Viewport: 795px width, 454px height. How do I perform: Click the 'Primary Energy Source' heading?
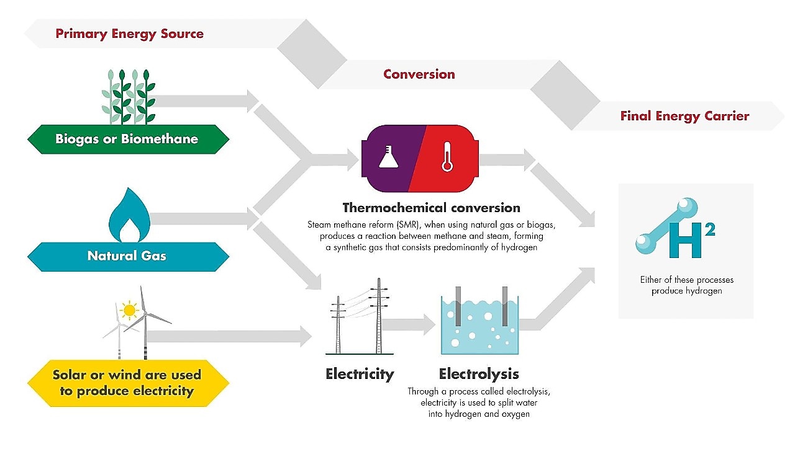[129, 33]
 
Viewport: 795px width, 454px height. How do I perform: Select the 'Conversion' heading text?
[419, 74]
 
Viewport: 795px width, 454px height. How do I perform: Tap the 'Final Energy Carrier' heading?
[684, 116]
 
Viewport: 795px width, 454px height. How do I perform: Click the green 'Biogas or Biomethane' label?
[127, 139]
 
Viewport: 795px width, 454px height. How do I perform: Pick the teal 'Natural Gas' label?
[127, 256]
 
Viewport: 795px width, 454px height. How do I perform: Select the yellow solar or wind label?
[127, 383]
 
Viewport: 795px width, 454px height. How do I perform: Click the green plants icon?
[129, 97]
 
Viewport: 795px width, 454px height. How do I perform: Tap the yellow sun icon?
[129, 309]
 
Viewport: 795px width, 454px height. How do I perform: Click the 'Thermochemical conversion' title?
[431, 207]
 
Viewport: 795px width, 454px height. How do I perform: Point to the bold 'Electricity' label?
[360, 374]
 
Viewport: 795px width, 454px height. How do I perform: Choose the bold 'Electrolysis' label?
[478, 374]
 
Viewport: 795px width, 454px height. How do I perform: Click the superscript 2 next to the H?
[710, 228]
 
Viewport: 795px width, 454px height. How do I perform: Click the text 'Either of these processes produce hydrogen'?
[686, 285]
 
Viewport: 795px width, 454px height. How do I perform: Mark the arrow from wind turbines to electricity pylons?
[230, 337]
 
